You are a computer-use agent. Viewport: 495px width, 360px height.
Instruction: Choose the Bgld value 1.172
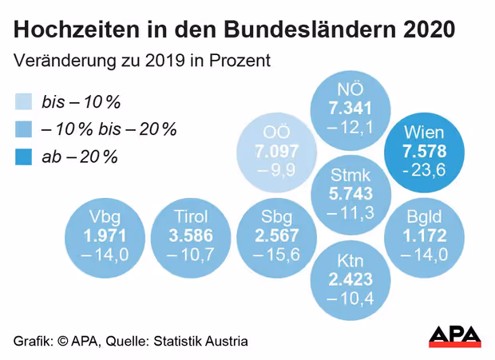click(423, 235)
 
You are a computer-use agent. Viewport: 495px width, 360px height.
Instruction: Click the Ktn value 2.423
click(348, 279)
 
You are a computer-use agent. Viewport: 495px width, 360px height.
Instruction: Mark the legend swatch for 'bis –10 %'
click(24, 101)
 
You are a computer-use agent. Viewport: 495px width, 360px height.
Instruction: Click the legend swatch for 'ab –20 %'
click(24, 156)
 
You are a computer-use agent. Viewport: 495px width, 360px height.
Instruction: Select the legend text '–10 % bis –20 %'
click(109, 129)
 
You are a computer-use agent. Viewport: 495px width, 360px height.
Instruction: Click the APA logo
click(455, 336)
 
